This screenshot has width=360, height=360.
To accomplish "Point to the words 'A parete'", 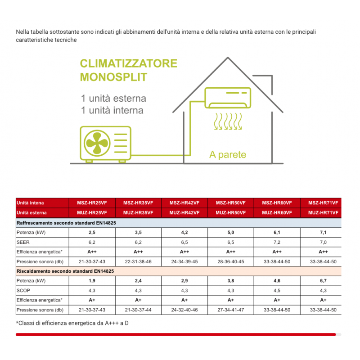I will point(228,155).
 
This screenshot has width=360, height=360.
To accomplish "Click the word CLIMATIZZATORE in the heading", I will point(128,63).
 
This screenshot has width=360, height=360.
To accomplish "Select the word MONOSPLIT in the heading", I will point(113,77).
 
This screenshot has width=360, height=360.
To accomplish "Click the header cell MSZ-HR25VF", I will point(92,203).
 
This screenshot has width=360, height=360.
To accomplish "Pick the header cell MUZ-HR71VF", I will point(323,213).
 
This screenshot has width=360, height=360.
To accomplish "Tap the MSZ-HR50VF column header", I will point(231,203).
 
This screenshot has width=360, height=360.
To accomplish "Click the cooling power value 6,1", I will point(277,233).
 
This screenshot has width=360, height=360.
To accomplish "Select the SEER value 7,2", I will point(277,242).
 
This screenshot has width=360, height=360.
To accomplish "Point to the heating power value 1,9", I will point(92,281).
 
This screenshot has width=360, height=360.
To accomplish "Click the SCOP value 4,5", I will point(277,291).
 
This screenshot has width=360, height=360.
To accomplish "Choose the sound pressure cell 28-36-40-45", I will point(231,261).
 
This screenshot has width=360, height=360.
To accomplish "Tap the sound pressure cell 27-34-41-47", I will point(231,310).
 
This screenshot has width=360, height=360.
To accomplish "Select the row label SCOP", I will point(23,291).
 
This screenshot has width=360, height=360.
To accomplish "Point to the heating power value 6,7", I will point(323,281).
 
